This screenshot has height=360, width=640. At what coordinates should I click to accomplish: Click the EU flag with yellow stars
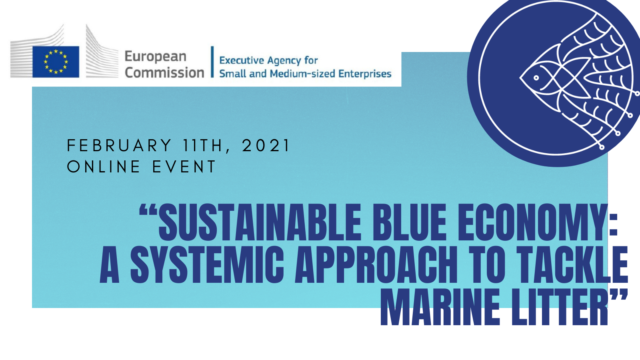tap(56, 62)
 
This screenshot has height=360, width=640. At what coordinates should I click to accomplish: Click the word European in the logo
tap(156, 57)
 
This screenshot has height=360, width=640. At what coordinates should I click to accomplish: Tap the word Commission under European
tap(164, 72)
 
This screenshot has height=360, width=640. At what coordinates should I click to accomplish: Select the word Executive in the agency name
tap(242, 60)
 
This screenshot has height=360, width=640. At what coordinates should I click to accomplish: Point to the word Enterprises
tap(365, 74)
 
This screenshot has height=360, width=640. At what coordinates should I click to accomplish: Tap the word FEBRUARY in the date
tap(119, 146)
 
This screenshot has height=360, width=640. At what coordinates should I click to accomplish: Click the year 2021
tap(266, 146)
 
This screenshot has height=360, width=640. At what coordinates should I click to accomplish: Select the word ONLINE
tap(104, 166)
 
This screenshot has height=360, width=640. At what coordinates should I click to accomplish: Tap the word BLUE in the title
tap(410, 222)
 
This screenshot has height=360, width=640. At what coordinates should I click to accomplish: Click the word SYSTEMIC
tap(207, 264)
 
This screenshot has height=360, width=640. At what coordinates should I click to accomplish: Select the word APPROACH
tap(376, 264)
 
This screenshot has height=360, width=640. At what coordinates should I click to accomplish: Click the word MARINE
tap(440, 307)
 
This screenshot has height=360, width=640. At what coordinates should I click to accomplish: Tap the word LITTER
tap(560, 307)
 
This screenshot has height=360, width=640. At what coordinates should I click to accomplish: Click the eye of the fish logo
tap(536, 78)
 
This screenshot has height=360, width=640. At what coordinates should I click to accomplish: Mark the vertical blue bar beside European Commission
tap(212, 62)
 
